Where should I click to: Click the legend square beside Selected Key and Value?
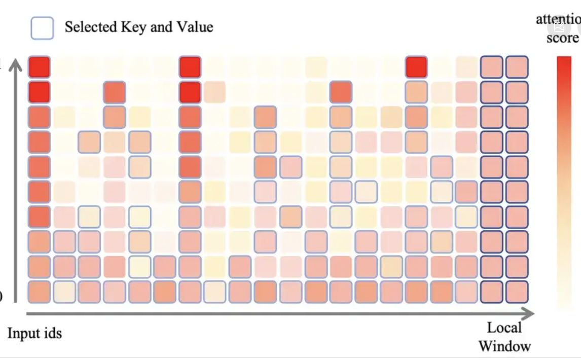42,28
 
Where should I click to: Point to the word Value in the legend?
194,27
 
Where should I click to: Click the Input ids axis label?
34,333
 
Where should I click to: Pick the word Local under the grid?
504,328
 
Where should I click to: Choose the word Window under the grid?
504,346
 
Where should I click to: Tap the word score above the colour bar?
562,38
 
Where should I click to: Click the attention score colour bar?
564,183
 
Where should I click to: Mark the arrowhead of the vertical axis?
16,64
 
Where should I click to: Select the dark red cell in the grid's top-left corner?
39,67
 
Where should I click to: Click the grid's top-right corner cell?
517,67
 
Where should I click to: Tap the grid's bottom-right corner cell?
517,292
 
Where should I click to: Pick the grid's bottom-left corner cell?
39,292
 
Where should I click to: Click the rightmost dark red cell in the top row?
416,67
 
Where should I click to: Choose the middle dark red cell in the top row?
190,67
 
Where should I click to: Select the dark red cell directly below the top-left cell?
39,92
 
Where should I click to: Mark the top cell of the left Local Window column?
492,67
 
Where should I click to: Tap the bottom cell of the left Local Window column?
492,292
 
